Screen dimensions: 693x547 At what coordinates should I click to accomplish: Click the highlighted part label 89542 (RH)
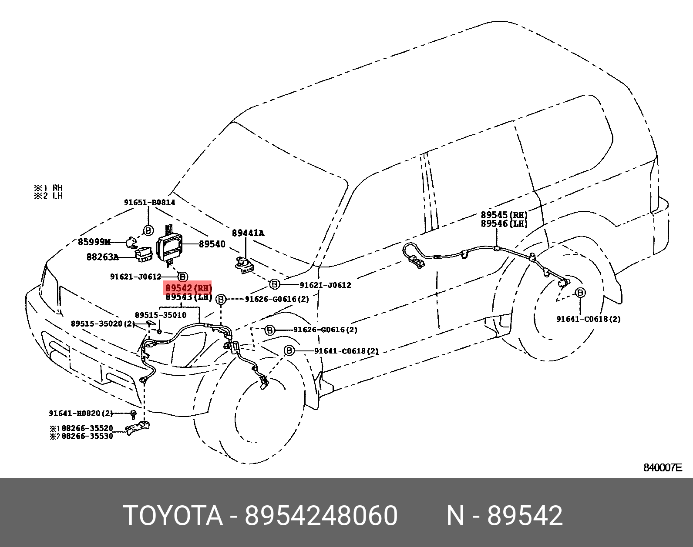tap(188, 288)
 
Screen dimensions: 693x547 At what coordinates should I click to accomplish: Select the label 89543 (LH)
tap(188, 297)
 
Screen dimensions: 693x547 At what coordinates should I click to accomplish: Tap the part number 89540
tap(212, 244)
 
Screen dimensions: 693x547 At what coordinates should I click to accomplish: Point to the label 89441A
tap(248, 233)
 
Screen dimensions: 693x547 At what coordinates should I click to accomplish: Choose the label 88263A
tap(103, 257)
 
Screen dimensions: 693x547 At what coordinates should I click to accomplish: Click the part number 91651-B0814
tap(149, 202)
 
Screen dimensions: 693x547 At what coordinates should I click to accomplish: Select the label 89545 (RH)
tap(504, 215)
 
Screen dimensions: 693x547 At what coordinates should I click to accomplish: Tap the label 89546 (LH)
tap(504, 223)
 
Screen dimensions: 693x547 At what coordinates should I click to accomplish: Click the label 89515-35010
tap(160, 315)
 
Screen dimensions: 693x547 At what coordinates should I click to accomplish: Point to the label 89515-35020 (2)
tap(103, 324)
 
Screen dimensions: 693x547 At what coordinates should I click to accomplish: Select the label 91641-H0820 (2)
tap(81, 413)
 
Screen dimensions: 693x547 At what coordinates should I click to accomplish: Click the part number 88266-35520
tap(87, 428)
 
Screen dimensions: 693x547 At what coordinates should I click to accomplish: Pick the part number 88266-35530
tap(87, 436)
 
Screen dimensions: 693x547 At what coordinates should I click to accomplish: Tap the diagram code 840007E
tap(663, 468)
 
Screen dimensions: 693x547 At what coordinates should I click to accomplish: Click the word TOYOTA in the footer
tap(173, 516)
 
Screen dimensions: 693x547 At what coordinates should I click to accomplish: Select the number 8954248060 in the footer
tap(321, 516)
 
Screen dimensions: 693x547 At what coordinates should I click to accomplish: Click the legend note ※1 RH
tap(48, 188)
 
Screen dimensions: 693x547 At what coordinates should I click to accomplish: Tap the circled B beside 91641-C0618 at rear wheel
tap(580, 293)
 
